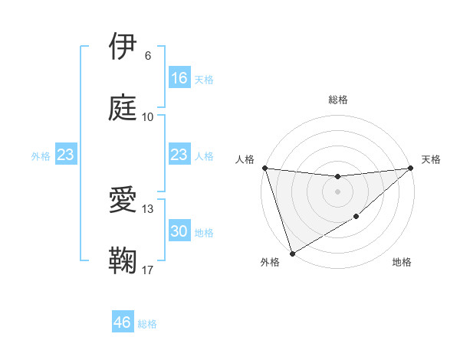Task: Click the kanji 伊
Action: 123,47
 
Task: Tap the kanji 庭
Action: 123,108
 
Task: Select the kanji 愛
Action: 123,201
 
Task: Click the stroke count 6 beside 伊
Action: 147,56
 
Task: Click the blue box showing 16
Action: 179,78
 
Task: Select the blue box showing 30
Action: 179,231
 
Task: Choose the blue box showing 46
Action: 123,322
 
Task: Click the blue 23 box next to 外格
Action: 65,155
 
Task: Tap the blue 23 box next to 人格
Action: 179,155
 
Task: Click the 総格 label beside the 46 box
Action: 147,324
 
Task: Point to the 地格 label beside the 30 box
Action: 204,232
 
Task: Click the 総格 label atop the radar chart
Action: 338,100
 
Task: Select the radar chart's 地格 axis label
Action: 402,262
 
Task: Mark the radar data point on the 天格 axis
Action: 410,168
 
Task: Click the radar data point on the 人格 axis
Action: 264,168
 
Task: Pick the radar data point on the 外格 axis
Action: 292,254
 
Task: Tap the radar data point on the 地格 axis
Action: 356,218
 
